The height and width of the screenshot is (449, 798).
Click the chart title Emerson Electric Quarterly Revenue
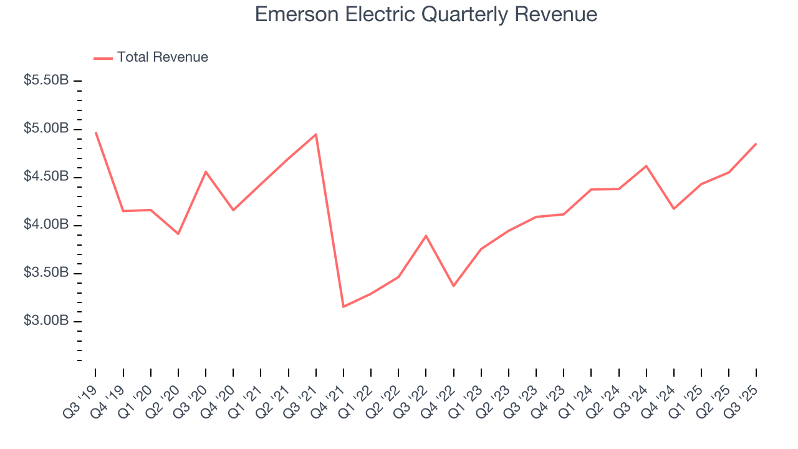point(426,14)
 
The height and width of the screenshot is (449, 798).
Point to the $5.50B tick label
point(46,80)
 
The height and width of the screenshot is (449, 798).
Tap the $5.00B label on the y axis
point(46,128)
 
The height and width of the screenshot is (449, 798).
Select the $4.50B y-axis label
point(46,176)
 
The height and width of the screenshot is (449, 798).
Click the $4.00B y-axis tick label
point(46,224)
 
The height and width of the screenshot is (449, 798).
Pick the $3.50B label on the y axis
point(46,273)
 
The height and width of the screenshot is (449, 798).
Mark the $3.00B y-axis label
point(46,321)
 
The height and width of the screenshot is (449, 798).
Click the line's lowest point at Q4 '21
point(344,306)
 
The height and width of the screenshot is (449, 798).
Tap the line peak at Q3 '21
point(316,134)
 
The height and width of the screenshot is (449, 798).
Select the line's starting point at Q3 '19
point(96,133)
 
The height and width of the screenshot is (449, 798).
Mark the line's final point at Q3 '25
point(756,144)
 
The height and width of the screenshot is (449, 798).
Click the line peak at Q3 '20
point(206,171)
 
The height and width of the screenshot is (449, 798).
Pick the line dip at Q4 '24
point(674,208)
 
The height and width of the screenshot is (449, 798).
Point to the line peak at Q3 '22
point(426,236)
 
